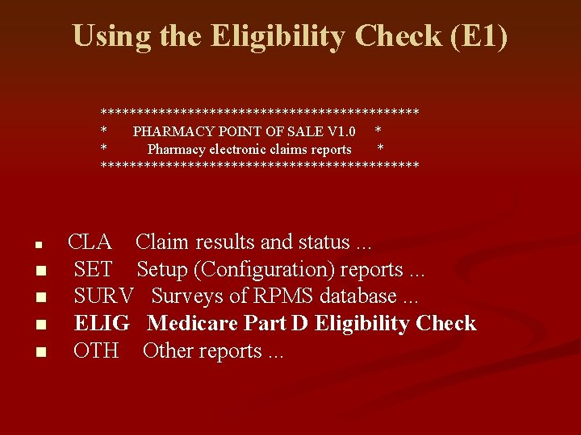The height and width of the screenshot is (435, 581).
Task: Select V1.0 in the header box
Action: pos(339,130)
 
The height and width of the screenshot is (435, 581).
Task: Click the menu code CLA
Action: pos(90,242)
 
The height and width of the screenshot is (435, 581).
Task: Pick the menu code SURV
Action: pos(102,296)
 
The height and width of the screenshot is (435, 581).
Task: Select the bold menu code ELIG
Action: pos(102,324)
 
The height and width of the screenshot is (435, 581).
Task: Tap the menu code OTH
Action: pos(95,351)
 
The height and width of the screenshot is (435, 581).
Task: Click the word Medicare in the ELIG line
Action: pos(188,324)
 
